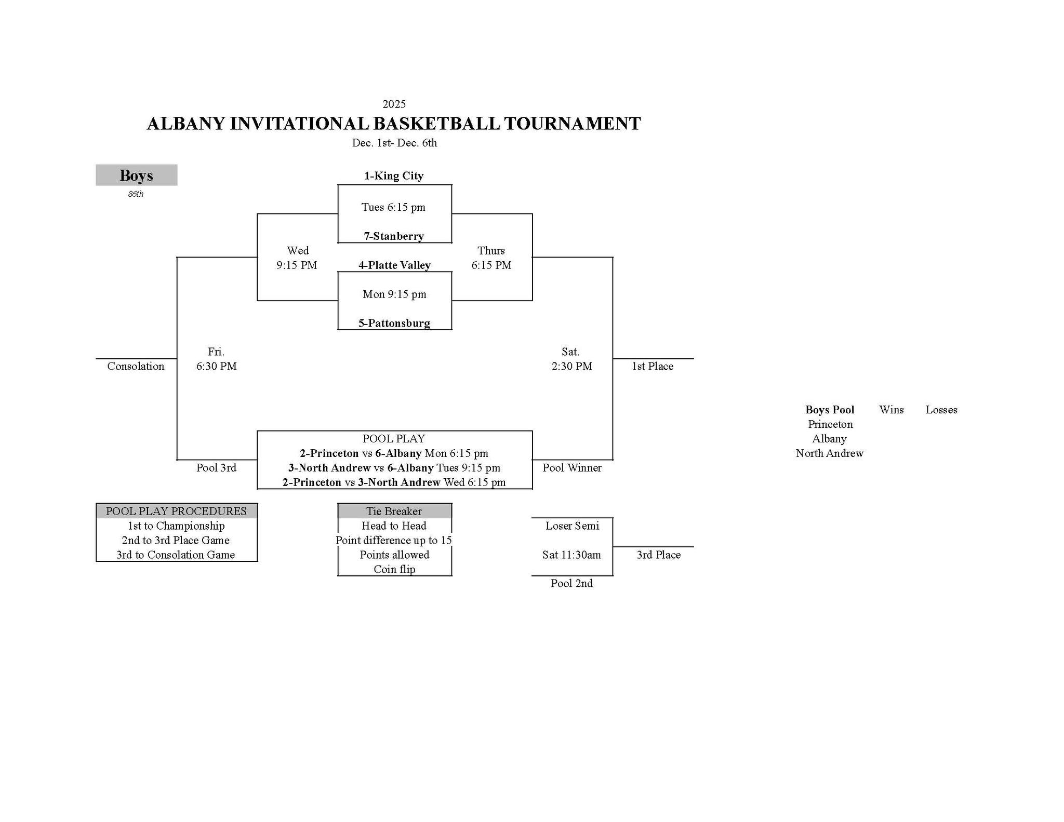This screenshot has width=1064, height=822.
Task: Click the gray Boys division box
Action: pyautogui.click(x=136, y=175)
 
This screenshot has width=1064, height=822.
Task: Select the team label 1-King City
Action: pyautogui.click(x=394, y=176)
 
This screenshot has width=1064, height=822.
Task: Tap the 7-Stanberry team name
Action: pyautogui.click(x=394, y=236)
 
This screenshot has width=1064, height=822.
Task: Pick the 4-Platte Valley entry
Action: pyautogui.click(x=394, y=265)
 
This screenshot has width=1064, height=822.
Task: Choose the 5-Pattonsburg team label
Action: pyautogui.click(x=394, y=324)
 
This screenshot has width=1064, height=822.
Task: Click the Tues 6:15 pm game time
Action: pyautogui.click(x=393, y=207)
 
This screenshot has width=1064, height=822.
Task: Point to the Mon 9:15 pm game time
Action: pyautogui.click(x=394, y=294)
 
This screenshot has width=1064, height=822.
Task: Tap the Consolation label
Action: pyautogui.click(x=136, y=366)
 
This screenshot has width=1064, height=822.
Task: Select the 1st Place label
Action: pyautogui.click(x=653, y=366)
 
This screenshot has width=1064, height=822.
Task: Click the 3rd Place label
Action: pyautogui.click(x=659, y=555)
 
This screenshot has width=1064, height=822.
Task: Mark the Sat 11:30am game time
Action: pyautogui.click(x=571, y=555)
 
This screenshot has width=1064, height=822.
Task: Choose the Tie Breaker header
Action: pyautogui.click(x=394, y=511)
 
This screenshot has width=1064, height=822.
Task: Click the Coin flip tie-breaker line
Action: pyautogui.click(x=394, y=569)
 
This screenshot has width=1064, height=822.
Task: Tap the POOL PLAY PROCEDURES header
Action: pyautogui.click(x=176, y=511)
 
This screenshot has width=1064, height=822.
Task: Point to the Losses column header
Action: pyautogui.click(x=941, y=410)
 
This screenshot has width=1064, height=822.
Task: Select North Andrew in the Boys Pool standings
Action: pyautogui.click(x=829, y=453)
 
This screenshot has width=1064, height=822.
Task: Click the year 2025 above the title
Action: pyautogui.click(x=394, y=104)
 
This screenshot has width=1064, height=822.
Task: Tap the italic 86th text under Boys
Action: pyautogui.click(x=136, y=194)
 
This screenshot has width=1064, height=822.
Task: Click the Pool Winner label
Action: pyautogui.click(x=572, y=468)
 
